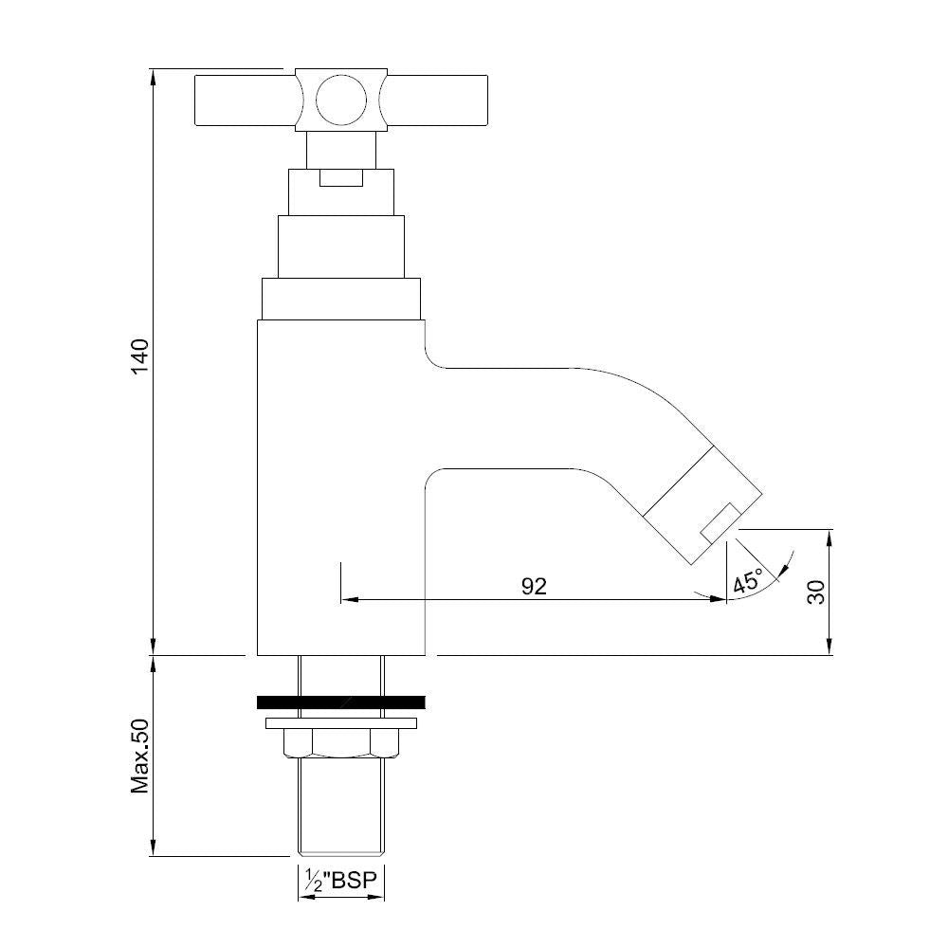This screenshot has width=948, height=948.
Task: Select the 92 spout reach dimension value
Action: (534, 586)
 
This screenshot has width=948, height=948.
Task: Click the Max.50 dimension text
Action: (140, 756)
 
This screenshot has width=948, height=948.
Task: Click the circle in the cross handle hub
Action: (339, 100)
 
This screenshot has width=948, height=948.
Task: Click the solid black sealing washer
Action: (341, 702)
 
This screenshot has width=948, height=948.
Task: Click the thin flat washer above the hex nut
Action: (341, 723)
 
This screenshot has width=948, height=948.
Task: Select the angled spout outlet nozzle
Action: (702, 503)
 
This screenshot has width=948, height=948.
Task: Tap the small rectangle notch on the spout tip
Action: (720, 522)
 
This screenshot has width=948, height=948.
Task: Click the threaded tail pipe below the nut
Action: (341, 806)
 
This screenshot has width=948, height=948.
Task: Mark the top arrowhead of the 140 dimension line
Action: (154, 77)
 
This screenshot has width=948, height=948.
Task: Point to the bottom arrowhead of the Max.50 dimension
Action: (154, 848)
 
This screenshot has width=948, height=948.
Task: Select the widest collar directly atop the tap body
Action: (341, 299)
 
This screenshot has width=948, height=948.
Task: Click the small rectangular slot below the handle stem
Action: (341, 178)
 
